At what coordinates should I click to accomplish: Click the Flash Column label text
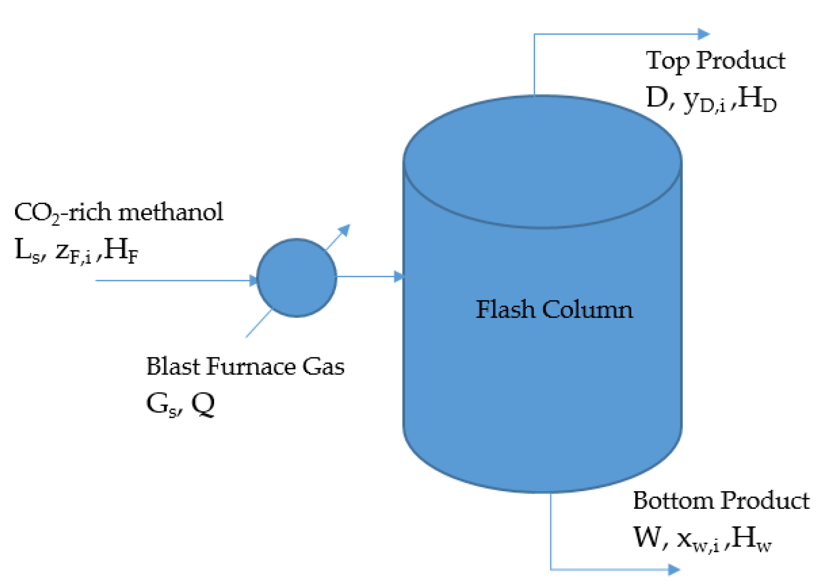point(554,310)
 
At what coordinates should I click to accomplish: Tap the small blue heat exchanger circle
point(297,278)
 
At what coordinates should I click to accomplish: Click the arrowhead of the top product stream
point(703,34)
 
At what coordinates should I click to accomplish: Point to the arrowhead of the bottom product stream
point(674,570)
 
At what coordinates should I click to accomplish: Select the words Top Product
point(715,61)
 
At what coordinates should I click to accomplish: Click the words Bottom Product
point(721,501)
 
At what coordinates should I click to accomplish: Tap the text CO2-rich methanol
point(118,212)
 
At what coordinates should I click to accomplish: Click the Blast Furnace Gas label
point(245,366)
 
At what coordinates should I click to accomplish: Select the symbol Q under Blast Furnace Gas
point(203,404)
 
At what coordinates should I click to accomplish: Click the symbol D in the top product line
point(656,97)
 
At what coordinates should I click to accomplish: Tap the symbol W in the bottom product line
point(646,537)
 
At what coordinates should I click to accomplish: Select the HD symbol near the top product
point(757,98)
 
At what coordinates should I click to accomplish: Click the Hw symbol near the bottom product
point(752,538)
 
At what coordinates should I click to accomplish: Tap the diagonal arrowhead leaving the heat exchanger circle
point(345,230)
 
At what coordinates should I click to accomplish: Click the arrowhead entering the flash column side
point(399,277)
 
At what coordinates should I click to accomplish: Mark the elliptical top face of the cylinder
point(542,161)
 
